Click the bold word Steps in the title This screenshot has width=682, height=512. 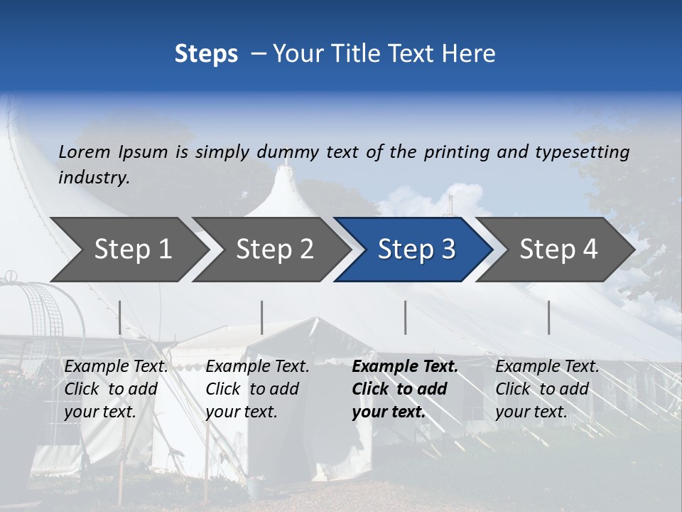click(206, 53)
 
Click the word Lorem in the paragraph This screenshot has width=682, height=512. click(85, 151)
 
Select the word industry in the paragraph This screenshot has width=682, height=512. click(93, 177)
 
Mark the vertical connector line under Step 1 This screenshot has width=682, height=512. click(120, 317)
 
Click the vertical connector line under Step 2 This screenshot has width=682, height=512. click(262, 317)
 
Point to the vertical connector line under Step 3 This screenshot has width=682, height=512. click(406, 317)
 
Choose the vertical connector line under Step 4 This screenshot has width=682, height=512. click(549, 317)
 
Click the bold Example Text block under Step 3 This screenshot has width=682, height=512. click(405, 389)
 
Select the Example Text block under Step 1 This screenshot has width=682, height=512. click(116, 389)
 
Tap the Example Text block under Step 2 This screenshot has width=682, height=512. click(257, 389)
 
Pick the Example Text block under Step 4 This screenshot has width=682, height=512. click(547, 389)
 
